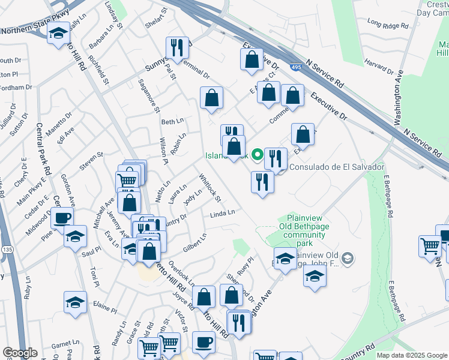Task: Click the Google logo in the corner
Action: tap(19, 353)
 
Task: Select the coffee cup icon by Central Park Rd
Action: tap(62, 218)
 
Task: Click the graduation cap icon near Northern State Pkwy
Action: tap(58, 34)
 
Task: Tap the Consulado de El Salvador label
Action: tap(337, 166)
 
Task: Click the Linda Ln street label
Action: tap(222, 214)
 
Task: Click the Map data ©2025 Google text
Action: tap(411, 355)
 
